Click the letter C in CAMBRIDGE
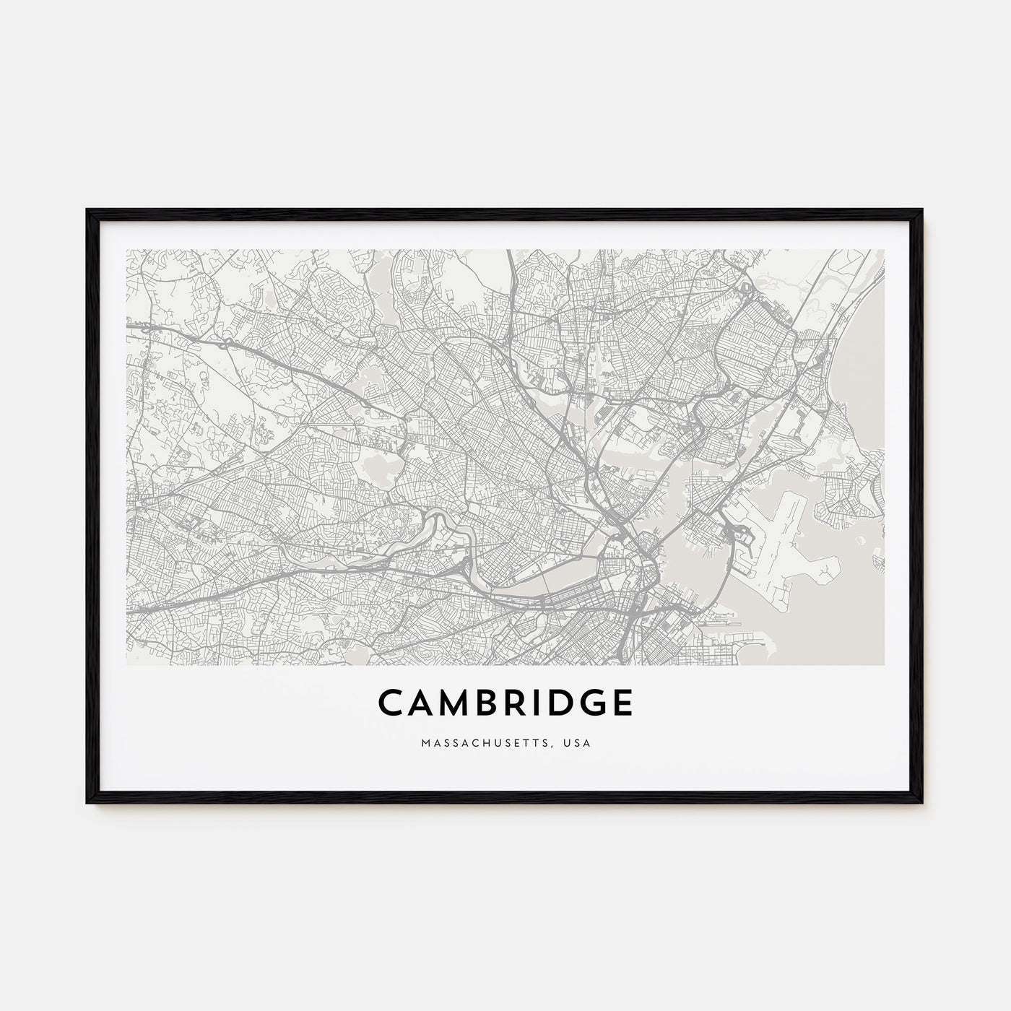[390, 703]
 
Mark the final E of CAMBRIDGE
[624, 703]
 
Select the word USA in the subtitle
[579, 742]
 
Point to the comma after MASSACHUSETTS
[557, 745]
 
